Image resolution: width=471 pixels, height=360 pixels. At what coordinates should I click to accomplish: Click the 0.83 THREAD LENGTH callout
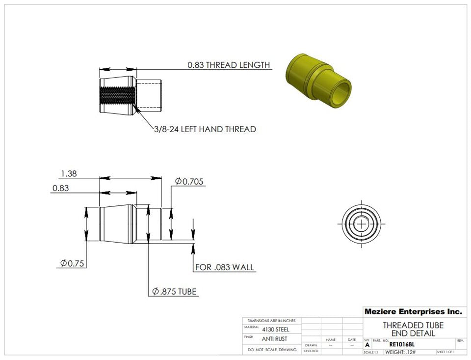tap(229, 65)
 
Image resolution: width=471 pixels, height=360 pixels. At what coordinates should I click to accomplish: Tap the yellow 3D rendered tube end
tap(317, 81)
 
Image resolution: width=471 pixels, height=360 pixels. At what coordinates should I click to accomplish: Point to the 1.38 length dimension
tap(69, 173)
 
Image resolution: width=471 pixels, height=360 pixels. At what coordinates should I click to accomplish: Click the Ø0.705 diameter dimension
tap(189, 182)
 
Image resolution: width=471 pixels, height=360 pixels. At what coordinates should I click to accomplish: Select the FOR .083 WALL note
tap(225, 267)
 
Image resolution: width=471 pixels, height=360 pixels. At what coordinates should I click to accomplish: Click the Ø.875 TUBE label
tap(174, 291)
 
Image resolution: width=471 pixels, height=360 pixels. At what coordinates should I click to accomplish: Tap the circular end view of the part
tap(361, 223)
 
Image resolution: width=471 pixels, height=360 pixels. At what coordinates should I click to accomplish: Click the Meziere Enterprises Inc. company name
tap(413, 311)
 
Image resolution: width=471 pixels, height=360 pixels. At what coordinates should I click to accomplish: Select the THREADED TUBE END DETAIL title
tap(413, 329)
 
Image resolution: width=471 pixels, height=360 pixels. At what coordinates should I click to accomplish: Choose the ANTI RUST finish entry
tap(275, 339)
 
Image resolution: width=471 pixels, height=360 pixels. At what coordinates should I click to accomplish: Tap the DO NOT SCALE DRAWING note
tap(272, 350)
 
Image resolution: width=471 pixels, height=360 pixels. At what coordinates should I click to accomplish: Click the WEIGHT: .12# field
tap(400, 352)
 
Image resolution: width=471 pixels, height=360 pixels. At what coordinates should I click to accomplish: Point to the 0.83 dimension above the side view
tap(60, 188)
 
